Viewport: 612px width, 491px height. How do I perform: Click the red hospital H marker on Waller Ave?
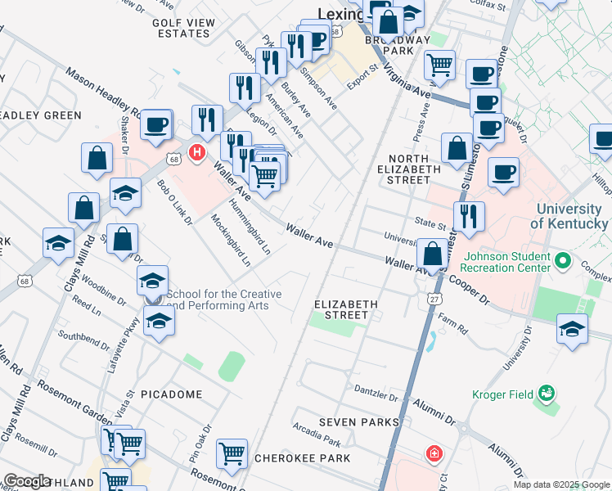pyautogui.click(x=196, y=152)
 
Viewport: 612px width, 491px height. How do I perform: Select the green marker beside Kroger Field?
pyautogui.click(x=545, y=395)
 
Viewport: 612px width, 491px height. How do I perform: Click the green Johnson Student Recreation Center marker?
pyautogui.click(x=562, y=262)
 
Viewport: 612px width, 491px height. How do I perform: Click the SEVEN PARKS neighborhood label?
pyautogui.click(x=359, y=422)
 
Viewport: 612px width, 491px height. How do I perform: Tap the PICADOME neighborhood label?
pyautogui.click(x=171, y=394)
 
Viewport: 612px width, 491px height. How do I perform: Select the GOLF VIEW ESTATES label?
pyautogui.click(x=182, y=28)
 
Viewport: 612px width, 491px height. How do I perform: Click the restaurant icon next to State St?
pyautogui.click(x=469, y=216)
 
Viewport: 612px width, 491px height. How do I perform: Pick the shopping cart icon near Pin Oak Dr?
pyautogui.click(x=232, y=453)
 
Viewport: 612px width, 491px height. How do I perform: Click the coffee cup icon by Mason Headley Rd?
pyautogui.click(x=156, y=124)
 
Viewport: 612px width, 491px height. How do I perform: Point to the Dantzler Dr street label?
pyautogui.click(x=375, y=388)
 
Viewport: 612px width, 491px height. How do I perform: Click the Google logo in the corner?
pyautogui.click(x=27, y=481)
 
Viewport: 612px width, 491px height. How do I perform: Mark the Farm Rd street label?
pyautogui.click(x=452, y=325)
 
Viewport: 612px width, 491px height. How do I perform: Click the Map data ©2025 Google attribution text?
pyautogui.click(x=561, y=484)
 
